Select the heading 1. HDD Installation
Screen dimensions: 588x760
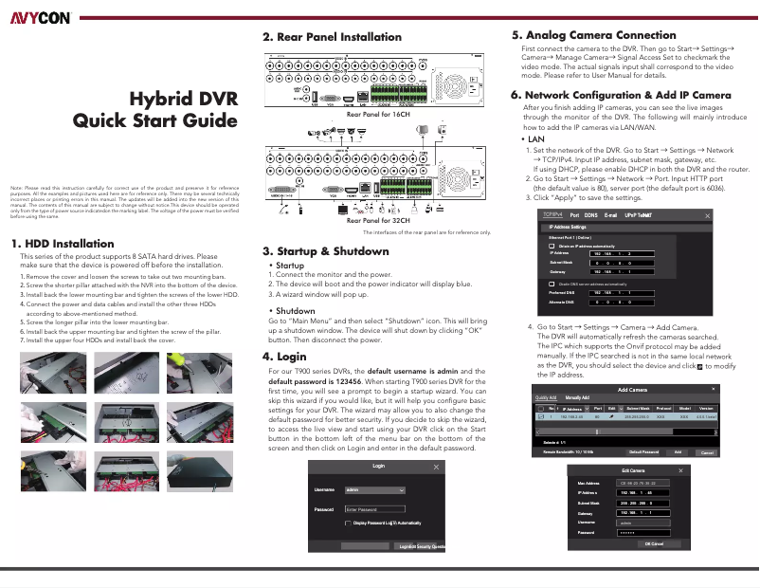pyautogui.click(x=62, y=244)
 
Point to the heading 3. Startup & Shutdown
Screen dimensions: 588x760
pyautogui.click(x=325, y=251)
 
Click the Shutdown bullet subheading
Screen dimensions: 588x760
pyautogui.click(x=295, y=311)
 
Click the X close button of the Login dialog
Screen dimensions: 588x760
pyautogui.click(x=437, y=468)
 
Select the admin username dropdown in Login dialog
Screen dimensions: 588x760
pyautogui.click(x=374, y=490)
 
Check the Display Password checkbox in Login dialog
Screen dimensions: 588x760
pyautogui.click(x=350, y=523)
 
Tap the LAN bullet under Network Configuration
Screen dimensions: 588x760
pyautogui.click(x=534, y=139)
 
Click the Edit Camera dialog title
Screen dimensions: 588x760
pyautogui.click(x=634, y=470)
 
